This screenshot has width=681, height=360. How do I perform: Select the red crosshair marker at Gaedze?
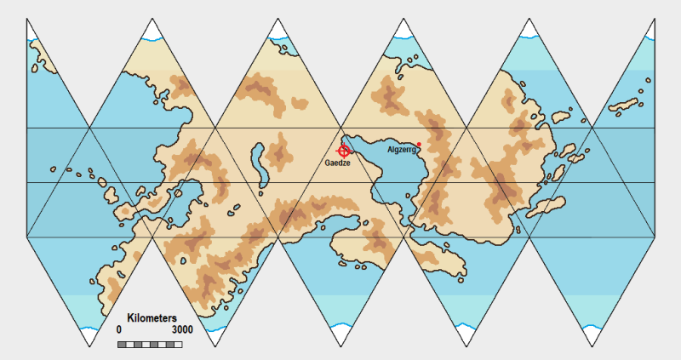click(x=344, y=150)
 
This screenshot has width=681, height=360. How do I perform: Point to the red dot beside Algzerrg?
click(x=419, y=144)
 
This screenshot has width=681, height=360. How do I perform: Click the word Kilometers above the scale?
click(x=152, y=317)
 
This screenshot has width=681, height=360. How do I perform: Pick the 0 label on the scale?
click(x=119, y=329)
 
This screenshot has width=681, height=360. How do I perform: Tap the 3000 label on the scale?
click(x=181, y=329)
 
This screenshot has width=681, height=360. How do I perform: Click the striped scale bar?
click(x=150, y=343)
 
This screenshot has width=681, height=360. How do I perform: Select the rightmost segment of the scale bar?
click(x=179, y=343)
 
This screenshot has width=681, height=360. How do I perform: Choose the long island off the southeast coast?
click(x=545, y=208)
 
